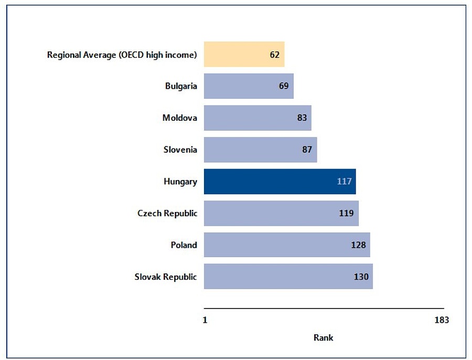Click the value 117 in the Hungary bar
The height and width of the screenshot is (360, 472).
pyautogui.click(x=344, y=182)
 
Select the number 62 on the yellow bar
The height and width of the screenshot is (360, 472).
pyautogui.click(x=275, y=55)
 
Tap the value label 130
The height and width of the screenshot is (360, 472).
pyautogui.click(x=361, y=277)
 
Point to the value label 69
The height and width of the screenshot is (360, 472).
pyautogui.click(x=284, y=86)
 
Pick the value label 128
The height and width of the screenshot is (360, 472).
pyautogui.click(x=358, y=245)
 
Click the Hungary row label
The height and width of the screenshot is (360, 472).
pyautogui.click(x=180, y=182)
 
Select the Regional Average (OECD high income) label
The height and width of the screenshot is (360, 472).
pyautogui.click(x=122, y=55)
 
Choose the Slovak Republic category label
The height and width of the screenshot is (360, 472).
pyautogui.click(x=166, y=277)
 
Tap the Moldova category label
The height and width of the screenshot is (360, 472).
pyautogui.click(x=180, y=118)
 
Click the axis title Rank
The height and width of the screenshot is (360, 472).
pyautogui.click(x=324, y=337)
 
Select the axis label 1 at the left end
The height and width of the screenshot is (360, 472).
pyautogui.click(x=205, y=320)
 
